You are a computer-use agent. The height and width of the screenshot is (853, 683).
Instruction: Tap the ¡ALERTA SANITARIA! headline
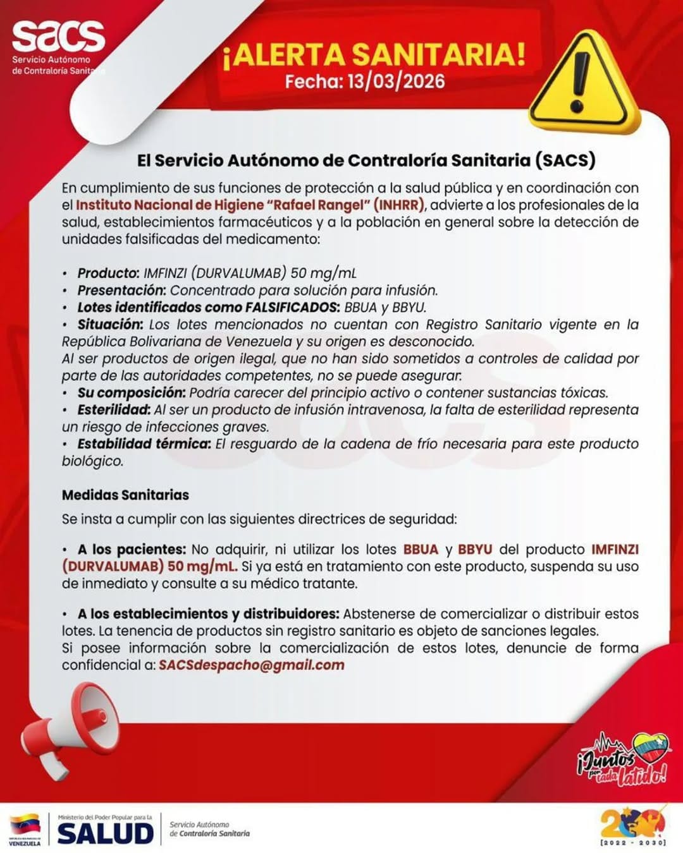click(374, 55)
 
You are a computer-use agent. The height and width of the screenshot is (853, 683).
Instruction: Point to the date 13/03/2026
click(396, 82)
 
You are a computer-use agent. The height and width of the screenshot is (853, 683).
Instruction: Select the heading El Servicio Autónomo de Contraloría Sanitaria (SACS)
click(366, 160)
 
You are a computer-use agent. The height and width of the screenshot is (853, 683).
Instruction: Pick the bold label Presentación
click(121, 290)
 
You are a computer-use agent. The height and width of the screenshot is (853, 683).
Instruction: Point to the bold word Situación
click(110, 324)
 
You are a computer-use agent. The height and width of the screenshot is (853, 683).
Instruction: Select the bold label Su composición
click(131, 392)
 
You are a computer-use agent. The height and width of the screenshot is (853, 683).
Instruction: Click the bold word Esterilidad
click(113, 409)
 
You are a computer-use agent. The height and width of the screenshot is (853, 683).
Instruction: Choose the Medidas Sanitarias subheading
click(125, 495)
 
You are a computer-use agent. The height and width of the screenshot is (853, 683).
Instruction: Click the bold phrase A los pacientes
click(132, 549)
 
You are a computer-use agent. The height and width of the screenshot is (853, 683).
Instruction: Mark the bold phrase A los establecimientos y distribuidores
click(208, 614)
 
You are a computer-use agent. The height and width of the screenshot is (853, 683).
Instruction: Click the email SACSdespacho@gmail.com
click(251, 665)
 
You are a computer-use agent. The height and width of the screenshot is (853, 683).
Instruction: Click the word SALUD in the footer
click(106, 833)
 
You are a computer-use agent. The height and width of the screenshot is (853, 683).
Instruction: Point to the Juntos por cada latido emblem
click(624, 759)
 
